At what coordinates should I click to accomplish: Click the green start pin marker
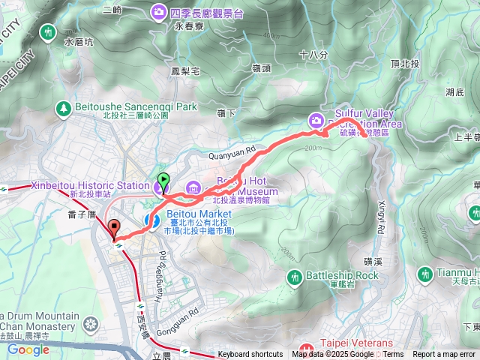pos(163,181)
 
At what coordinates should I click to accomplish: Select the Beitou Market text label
pos(188,214)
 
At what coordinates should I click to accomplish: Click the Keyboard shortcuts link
pos(250,355)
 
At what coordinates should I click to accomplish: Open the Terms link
pos(393,355)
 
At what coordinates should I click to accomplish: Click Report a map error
pos(445,355)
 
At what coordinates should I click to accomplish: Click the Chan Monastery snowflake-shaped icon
pos(91,324)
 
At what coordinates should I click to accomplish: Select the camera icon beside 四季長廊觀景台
pos(159,12)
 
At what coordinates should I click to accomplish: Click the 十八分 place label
pos(313,55)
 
